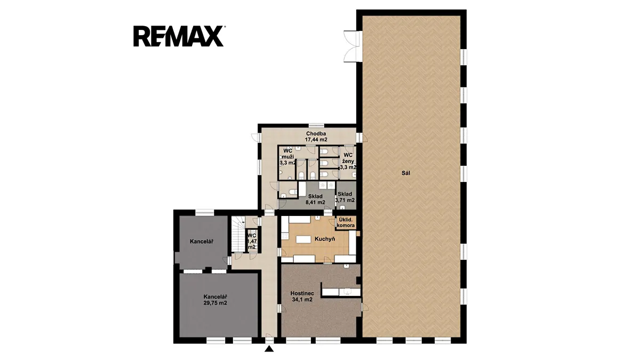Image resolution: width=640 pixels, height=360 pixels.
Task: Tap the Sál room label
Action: click(x=406, y=173)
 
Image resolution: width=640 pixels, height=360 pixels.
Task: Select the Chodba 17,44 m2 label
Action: click(x=316, y=137)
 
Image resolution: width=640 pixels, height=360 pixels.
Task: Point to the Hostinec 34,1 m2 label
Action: click(x=302, y=297)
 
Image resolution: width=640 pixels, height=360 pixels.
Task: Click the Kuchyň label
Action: click(x=325, y=239)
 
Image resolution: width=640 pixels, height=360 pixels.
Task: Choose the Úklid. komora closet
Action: click(x=346, y=222)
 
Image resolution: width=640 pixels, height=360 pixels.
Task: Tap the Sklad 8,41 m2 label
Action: click(x=315, y=199)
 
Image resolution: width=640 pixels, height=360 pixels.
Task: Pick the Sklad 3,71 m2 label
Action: click(x=345, y=197)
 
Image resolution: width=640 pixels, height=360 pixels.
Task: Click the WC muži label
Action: click(x=287, y=157)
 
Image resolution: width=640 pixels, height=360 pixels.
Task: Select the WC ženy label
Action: click(x=348, y=161)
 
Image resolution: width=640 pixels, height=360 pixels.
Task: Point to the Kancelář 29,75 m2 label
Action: click(x=215, y=300)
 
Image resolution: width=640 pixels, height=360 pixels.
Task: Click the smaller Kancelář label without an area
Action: click(x=202, y=242)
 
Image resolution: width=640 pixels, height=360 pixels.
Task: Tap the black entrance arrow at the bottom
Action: click(x=269, y=349)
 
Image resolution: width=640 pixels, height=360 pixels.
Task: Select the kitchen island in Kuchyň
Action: click(x=303, y=239)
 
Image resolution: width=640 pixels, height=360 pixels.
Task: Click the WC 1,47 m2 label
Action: click(x=252, y=241)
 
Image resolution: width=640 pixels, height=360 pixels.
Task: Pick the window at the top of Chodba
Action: click(x=316, y=125)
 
